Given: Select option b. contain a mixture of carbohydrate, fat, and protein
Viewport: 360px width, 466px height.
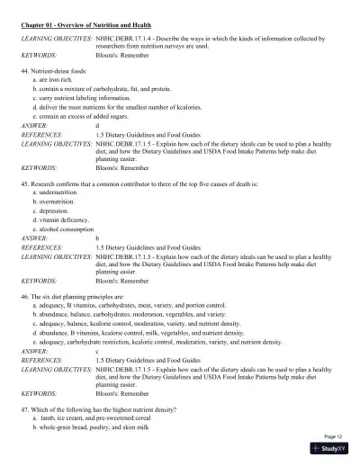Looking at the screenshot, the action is tap(104, 89).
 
